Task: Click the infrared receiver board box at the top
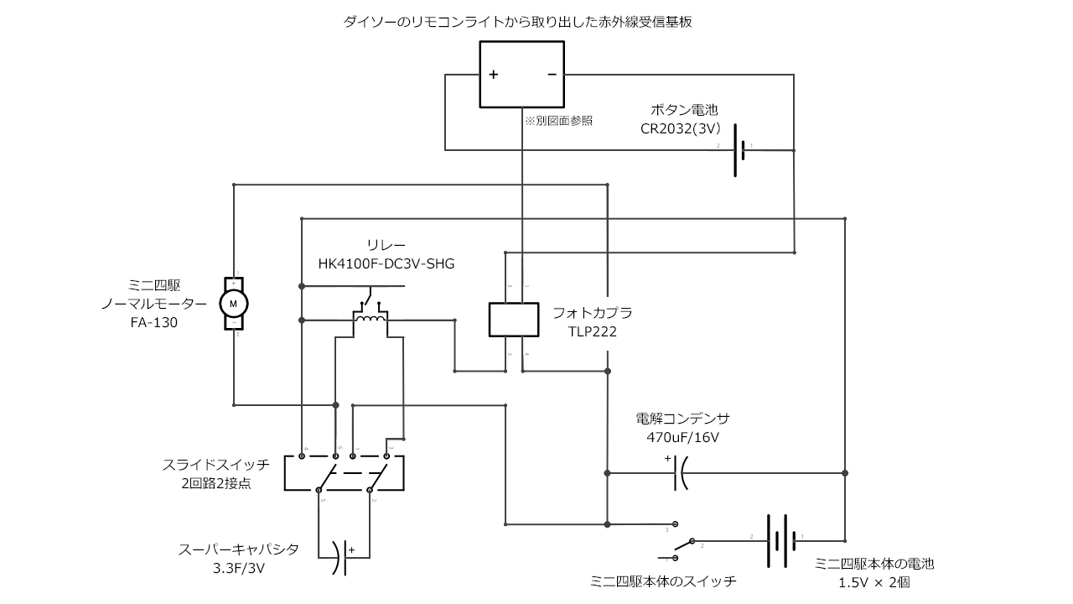tap(521, 75)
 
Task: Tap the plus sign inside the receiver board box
tap(494, 75)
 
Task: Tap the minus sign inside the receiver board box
tap(552, 75)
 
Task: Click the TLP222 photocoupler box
tap(513, 319)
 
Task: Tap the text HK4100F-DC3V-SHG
tap(386, 263)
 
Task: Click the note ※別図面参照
tap(559, 121)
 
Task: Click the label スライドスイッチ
tap(215, 464)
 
